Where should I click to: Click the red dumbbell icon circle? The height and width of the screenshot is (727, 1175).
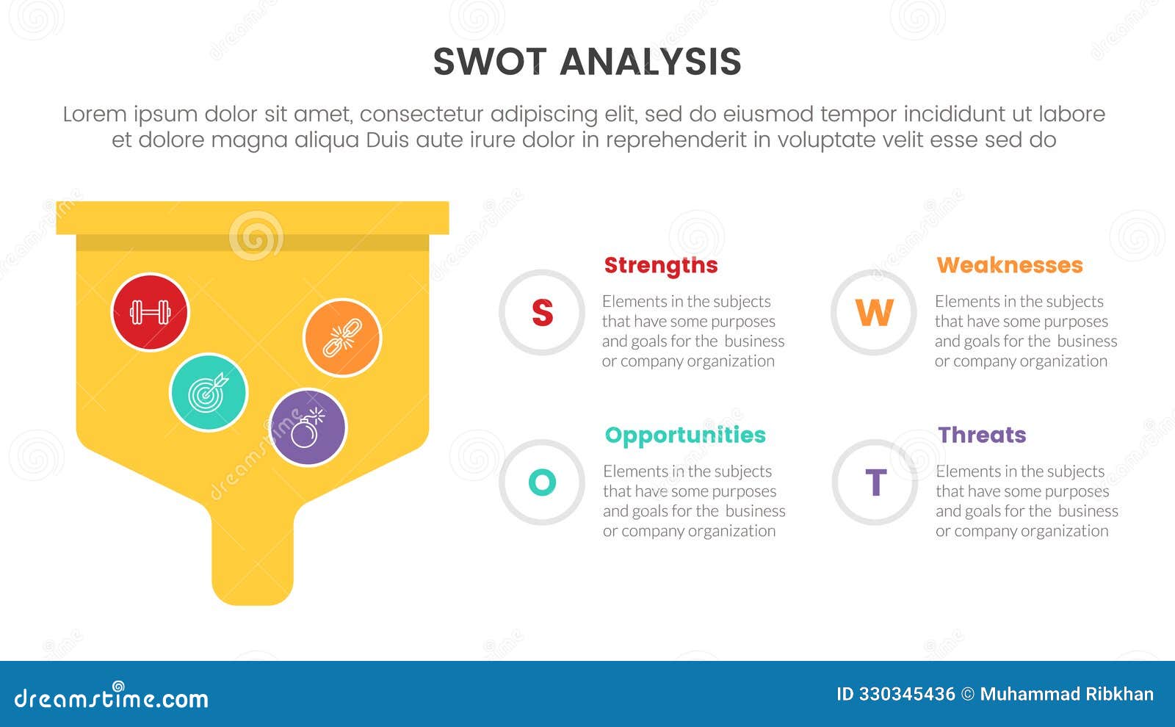(x=150, y=312)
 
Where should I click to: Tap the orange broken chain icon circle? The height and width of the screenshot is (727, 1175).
(x=342, y=338)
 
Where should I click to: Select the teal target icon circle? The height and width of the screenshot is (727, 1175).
(x=209, y=393)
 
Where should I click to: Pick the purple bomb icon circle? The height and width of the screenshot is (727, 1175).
(x=308, y=427)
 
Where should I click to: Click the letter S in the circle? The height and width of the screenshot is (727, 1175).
(x=542, y=313)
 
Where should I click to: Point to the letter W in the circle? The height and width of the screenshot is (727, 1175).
(x=874, y=313)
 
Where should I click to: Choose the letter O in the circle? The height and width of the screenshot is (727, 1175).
(x=542, y=482)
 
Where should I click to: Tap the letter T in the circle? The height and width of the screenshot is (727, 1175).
(x=875, y=482)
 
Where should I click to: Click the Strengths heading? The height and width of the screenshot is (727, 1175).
(x=660, y=265)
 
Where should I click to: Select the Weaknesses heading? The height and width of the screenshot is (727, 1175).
(x=1009, y=265)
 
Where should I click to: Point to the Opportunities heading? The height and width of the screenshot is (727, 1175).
(x=684, y=435)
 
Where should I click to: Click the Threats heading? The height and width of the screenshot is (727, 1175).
(x=981, y=435)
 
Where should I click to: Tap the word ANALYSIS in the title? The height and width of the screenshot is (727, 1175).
(x=651, y=62)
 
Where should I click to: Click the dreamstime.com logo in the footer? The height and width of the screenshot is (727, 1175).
(x=112, y=698)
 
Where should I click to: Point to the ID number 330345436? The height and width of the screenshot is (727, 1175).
(x=907, y=694)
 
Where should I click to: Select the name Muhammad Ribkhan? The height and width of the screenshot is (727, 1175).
(x=1066, y=694)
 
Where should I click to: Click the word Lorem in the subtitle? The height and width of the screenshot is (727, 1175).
(x=94, y=115)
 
